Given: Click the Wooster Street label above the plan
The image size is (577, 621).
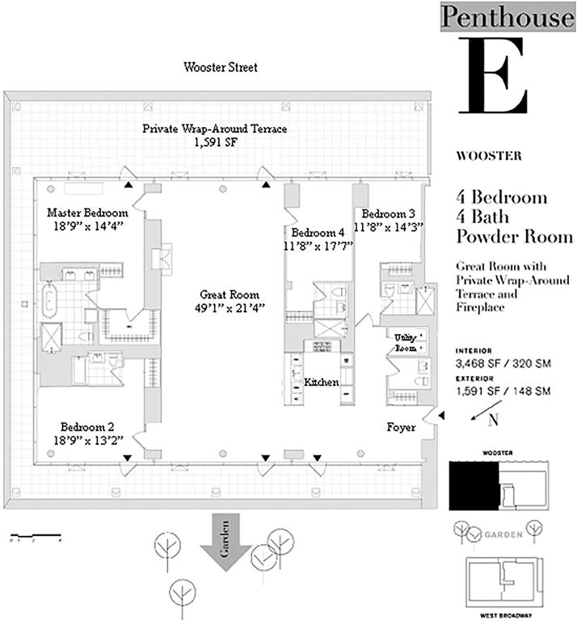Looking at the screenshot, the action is point(221,68).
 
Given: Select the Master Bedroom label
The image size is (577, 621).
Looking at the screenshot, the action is point(87,213).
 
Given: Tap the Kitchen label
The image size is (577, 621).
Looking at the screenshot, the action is point(321,382).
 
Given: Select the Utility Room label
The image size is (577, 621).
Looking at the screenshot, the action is point(406,340).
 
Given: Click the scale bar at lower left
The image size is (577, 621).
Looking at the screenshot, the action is point(36,535).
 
